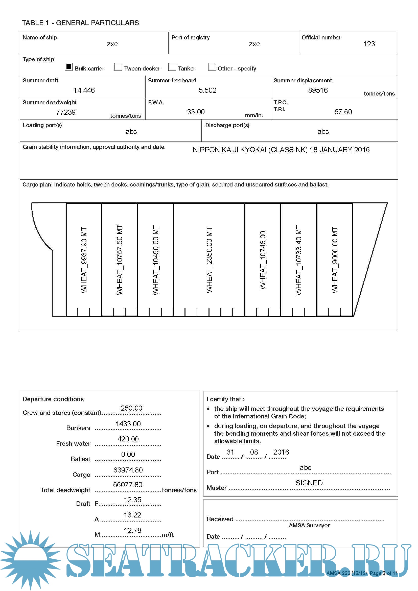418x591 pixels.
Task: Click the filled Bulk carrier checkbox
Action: (x=68, y=67)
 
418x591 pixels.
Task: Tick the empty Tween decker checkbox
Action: (x=118, y=67)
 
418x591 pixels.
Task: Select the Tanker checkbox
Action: (x=172, y=67)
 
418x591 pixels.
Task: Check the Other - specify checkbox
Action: (x=212, y=67)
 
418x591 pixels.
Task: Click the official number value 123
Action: (x=369, y=44)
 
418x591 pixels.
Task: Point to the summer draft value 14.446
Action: (x=84, y=90)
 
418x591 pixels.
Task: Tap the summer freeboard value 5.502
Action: (x=207, y=90)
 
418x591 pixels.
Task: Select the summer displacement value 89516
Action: (x=318, y=90)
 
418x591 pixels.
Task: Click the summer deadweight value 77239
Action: (x=66, y=112)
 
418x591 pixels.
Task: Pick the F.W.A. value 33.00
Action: (x=196, y=112)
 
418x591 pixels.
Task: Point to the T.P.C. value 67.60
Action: (x=343, y=112)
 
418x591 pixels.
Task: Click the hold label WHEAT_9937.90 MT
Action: (x=84, y=260)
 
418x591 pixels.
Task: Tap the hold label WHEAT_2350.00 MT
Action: (x=209, y=260)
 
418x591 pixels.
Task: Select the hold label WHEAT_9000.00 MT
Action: (x=335, y=260)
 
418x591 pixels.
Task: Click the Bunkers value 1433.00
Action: (x=128, y=424)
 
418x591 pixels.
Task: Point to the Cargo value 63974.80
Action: (x=128, y=470)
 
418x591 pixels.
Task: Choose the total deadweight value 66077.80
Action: (x=128, y=485)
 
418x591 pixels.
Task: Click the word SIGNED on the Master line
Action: (x=309, y=483)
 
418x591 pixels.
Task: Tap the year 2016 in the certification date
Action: (x=281, y=452)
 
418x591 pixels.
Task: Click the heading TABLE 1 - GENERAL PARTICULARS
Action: (x=80, y=23)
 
